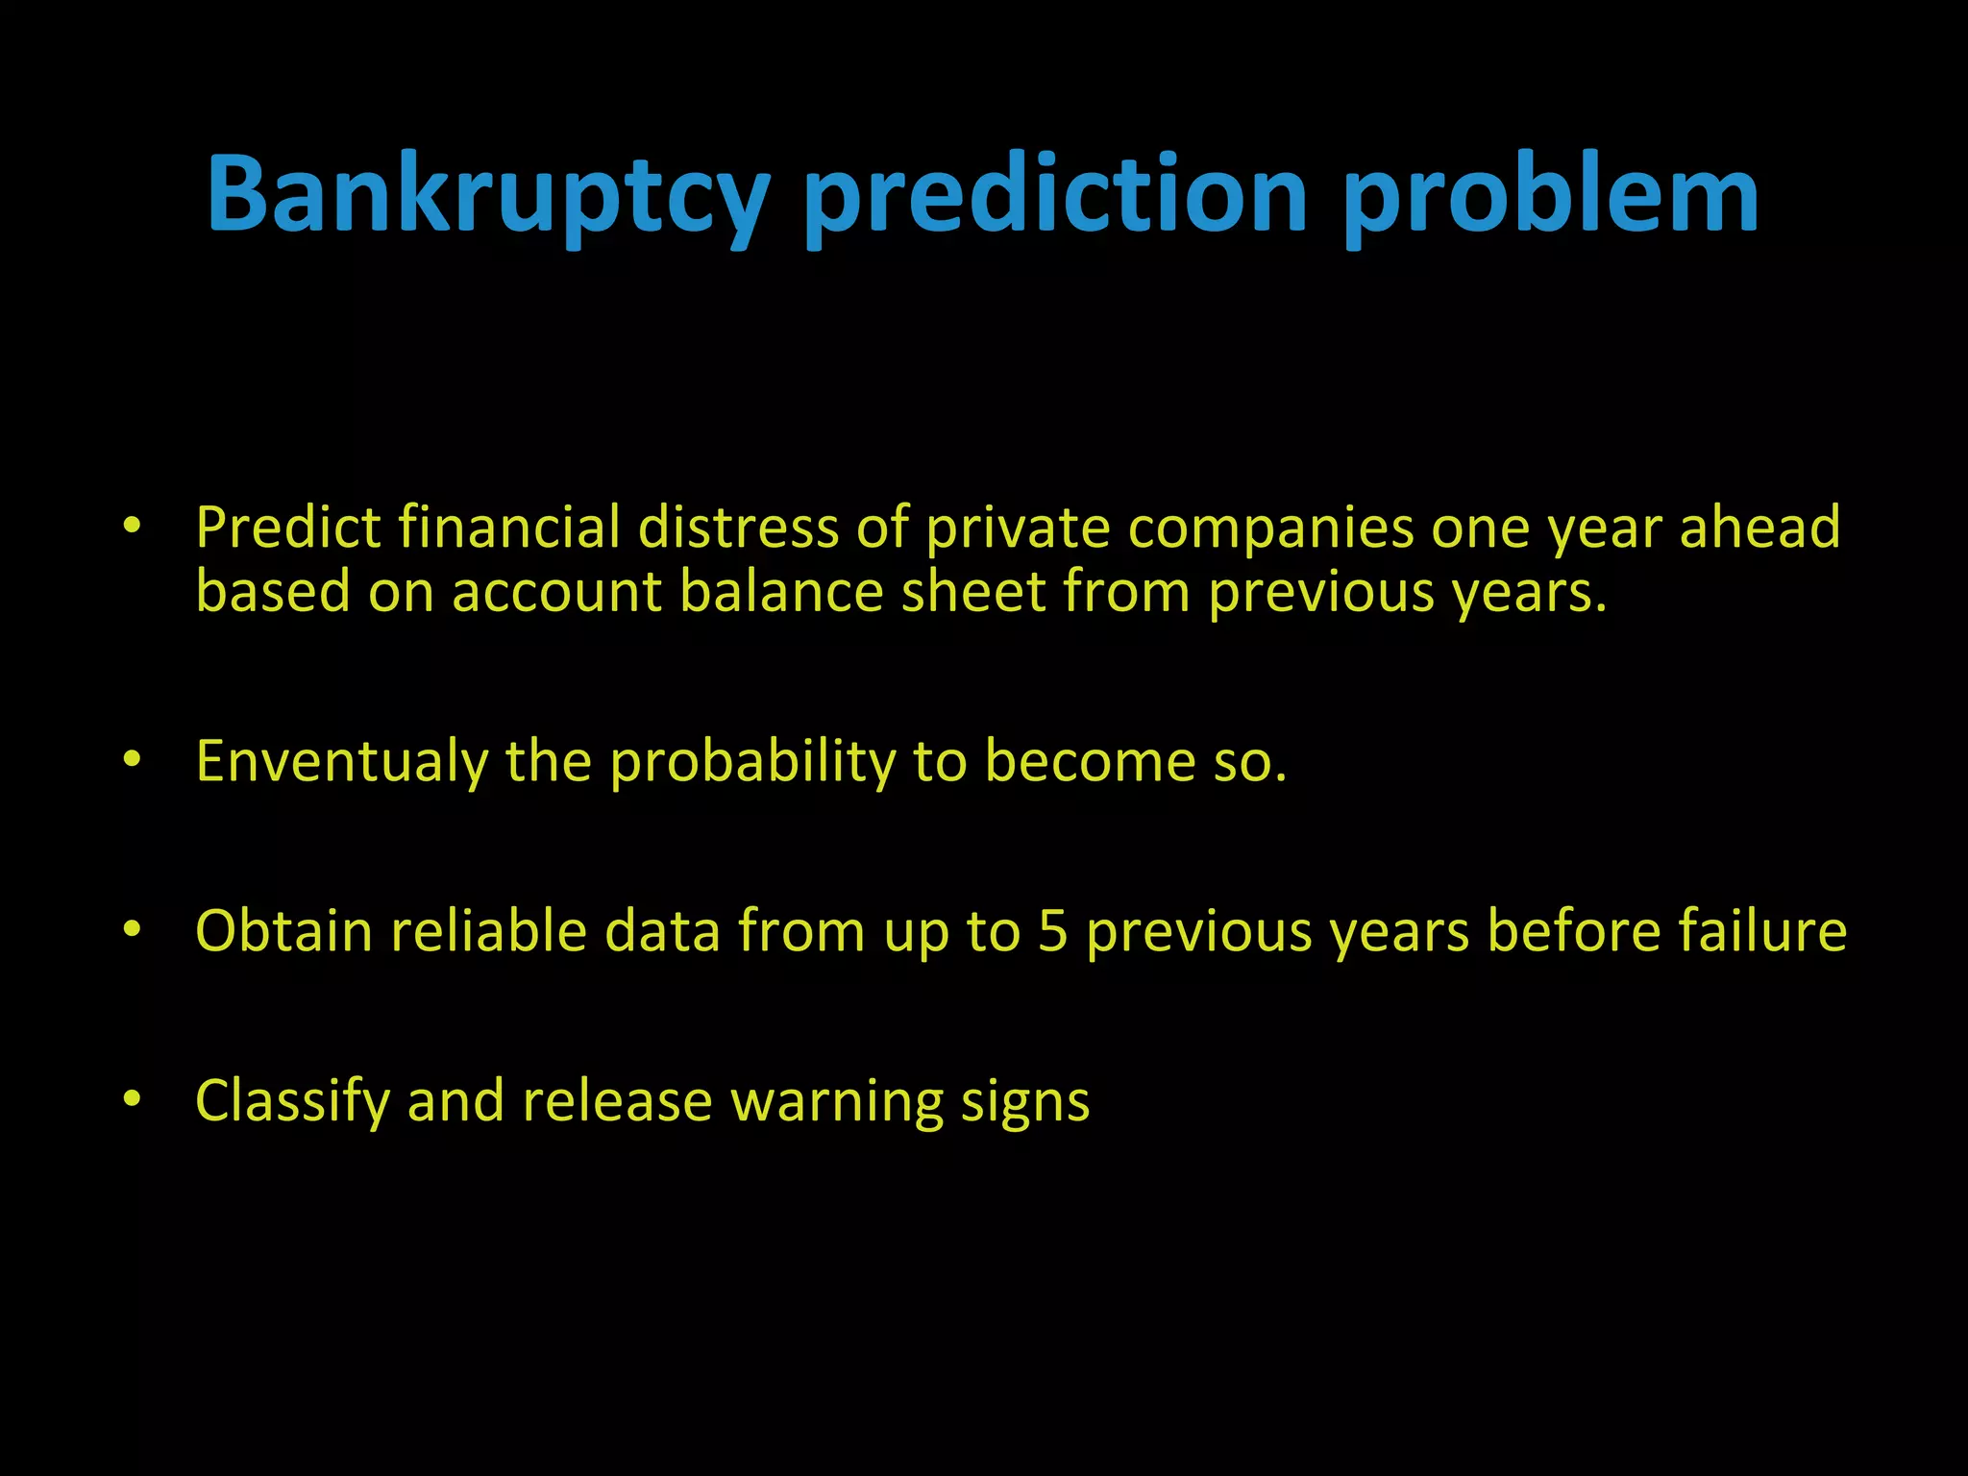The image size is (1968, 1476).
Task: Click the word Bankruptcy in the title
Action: (x=487, y=195)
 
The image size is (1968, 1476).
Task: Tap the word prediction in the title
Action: (x=1055, y=195)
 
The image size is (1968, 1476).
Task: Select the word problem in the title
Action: (x=1551, y=195)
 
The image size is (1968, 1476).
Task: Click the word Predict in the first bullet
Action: (x=288, y=529)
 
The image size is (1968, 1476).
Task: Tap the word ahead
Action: (x=1759, y=529)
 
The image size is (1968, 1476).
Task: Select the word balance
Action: (x=781, y=592)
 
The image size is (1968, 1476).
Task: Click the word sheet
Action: (x=972, y=592)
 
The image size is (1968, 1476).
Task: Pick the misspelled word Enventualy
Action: (x=341, y=763)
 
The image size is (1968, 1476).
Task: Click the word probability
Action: (x=752, y=763)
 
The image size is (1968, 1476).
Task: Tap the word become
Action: (x=1089, y=763)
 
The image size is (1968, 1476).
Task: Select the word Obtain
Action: (x=283, y=932)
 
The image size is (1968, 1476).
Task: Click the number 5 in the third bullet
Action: (x=1053, y=933)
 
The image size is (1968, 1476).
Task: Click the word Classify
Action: (x=292, y=1102)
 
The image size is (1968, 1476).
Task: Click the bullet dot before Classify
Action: (x=133, y=1097)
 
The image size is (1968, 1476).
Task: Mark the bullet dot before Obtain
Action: (x=133, y=928)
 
